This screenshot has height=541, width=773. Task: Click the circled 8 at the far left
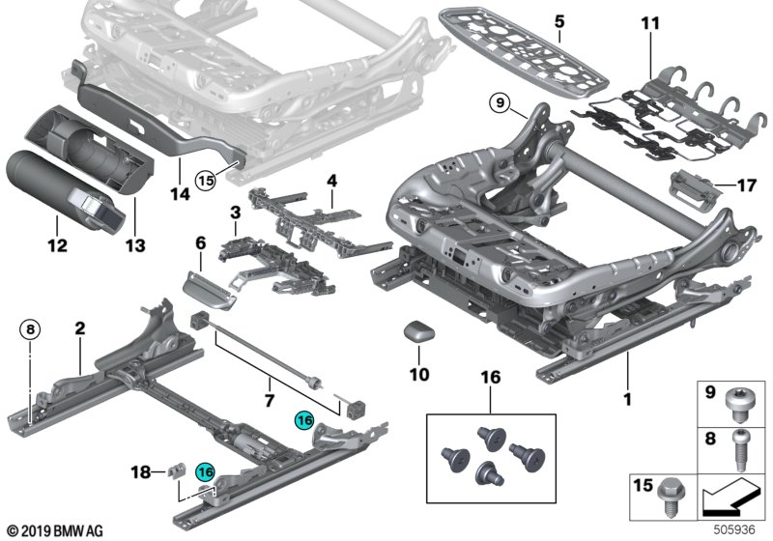point(30,329)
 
